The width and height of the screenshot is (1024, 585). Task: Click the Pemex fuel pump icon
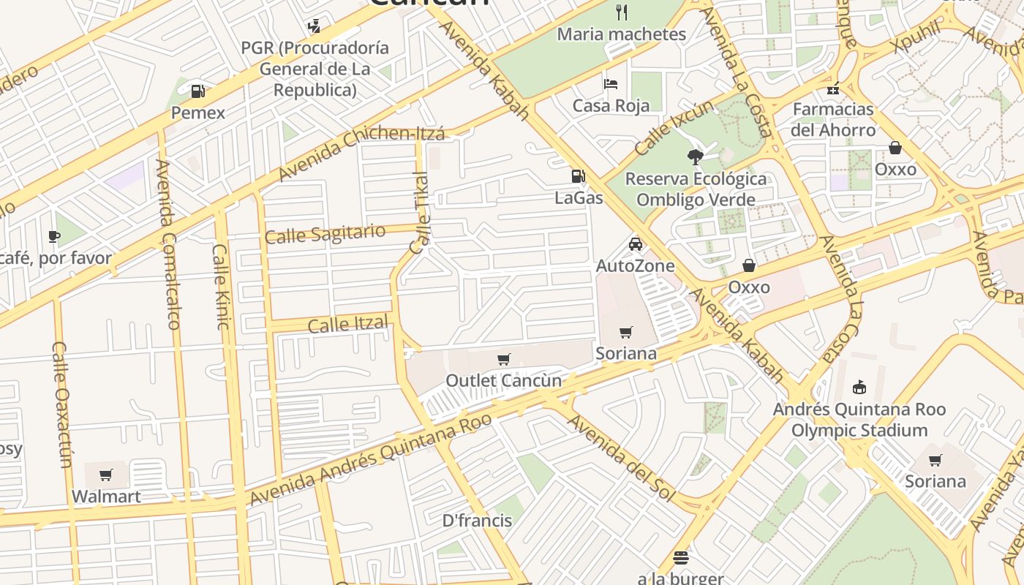[x=197, y=91]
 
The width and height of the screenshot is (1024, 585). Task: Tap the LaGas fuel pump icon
[x=578, y=176]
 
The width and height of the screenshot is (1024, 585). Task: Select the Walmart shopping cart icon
[x=106, y=475]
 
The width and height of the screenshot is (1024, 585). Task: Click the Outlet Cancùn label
[x=503, y=380]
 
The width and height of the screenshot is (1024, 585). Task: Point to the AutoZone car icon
[x=635, y=244]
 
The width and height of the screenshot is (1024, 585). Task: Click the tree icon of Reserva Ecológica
[x=695, y=156]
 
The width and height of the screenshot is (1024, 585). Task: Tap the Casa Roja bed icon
[x=611, y=84]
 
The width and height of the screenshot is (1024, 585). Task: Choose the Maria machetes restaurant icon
[x=622, y=12]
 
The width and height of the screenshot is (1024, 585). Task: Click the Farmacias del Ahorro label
[x=833, y=119]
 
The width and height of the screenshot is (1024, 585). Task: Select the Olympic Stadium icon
[x=859, y=388]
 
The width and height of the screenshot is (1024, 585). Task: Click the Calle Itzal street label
[x=347, y=324]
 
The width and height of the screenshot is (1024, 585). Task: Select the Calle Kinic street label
[x=220, y=286]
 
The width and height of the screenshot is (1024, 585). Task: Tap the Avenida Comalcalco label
[x=167, y=244]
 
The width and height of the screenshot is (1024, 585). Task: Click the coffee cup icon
[x=53, y=236]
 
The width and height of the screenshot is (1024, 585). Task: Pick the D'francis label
[x=477, y=521]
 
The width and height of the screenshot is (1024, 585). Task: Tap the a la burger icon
[x=680, y=559]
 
